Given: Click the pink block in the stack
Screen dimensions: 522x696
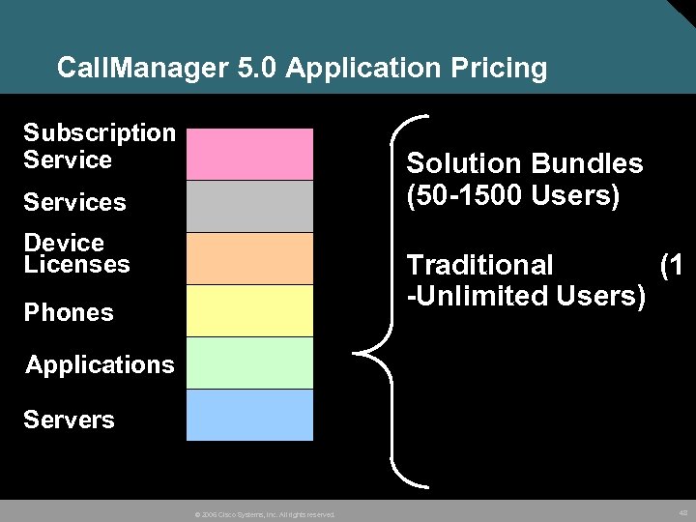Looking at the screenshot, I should [249, 154].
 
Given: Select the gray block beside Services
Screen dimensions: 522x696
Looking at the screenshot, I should [249, 206].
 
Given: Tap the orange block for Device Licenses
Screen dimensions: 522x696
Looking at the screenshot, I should [249, 258].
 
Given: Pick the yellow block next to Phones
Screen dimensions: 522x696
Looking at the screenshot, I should [249, 310].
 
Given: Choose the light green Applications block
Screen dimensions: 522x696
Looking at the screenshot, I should [249, 362].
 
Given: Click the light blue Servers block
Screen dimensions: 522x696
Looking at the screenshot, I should [249, 415].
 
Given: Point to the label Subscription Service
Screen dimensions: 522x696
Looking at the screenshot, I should [99, 146].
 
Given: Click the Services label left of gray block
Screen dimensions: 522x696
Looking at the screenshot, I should [74, 202].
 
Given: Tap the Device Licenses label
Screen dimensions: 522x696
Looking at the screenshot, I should [76, 253].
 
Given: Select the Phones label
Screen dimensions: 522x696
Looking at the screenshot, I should [69, 312].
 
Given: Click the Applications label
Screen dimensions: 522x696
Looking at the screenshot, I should [100, 364].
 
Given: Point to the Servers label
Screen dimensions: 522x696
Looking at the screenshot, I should [69, 420].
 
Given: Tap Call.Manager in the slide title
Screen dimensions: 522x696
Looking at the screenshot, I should [130, 69].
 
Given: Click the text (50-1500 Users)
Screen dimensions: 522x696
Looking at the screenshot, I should [512, 196].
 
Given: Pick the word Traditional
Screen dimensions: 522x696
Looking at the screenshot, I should [479, 265].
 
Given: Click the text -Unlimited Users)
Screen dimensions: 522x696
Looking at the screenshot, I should [526, 296].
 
